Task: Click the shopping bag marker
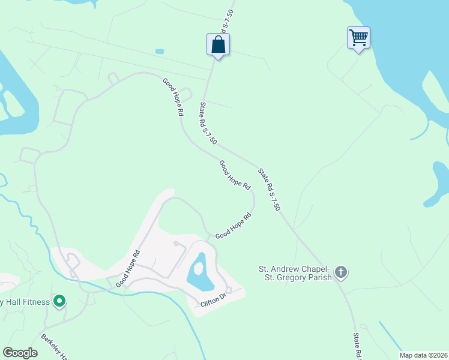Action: [218, 44]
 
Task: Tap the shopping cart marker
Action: [358, 38]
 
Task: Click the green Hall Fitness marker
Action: [59, 301]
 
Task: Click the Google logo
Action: [20, 353]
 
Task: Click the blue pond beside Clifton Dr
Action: [199, 271]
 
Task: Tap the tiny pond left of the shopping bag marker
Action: [160, 52]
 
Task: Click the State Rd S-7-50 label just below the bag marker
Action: [208, 123]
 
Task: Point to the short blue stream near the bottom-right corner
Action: [390, 337]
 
